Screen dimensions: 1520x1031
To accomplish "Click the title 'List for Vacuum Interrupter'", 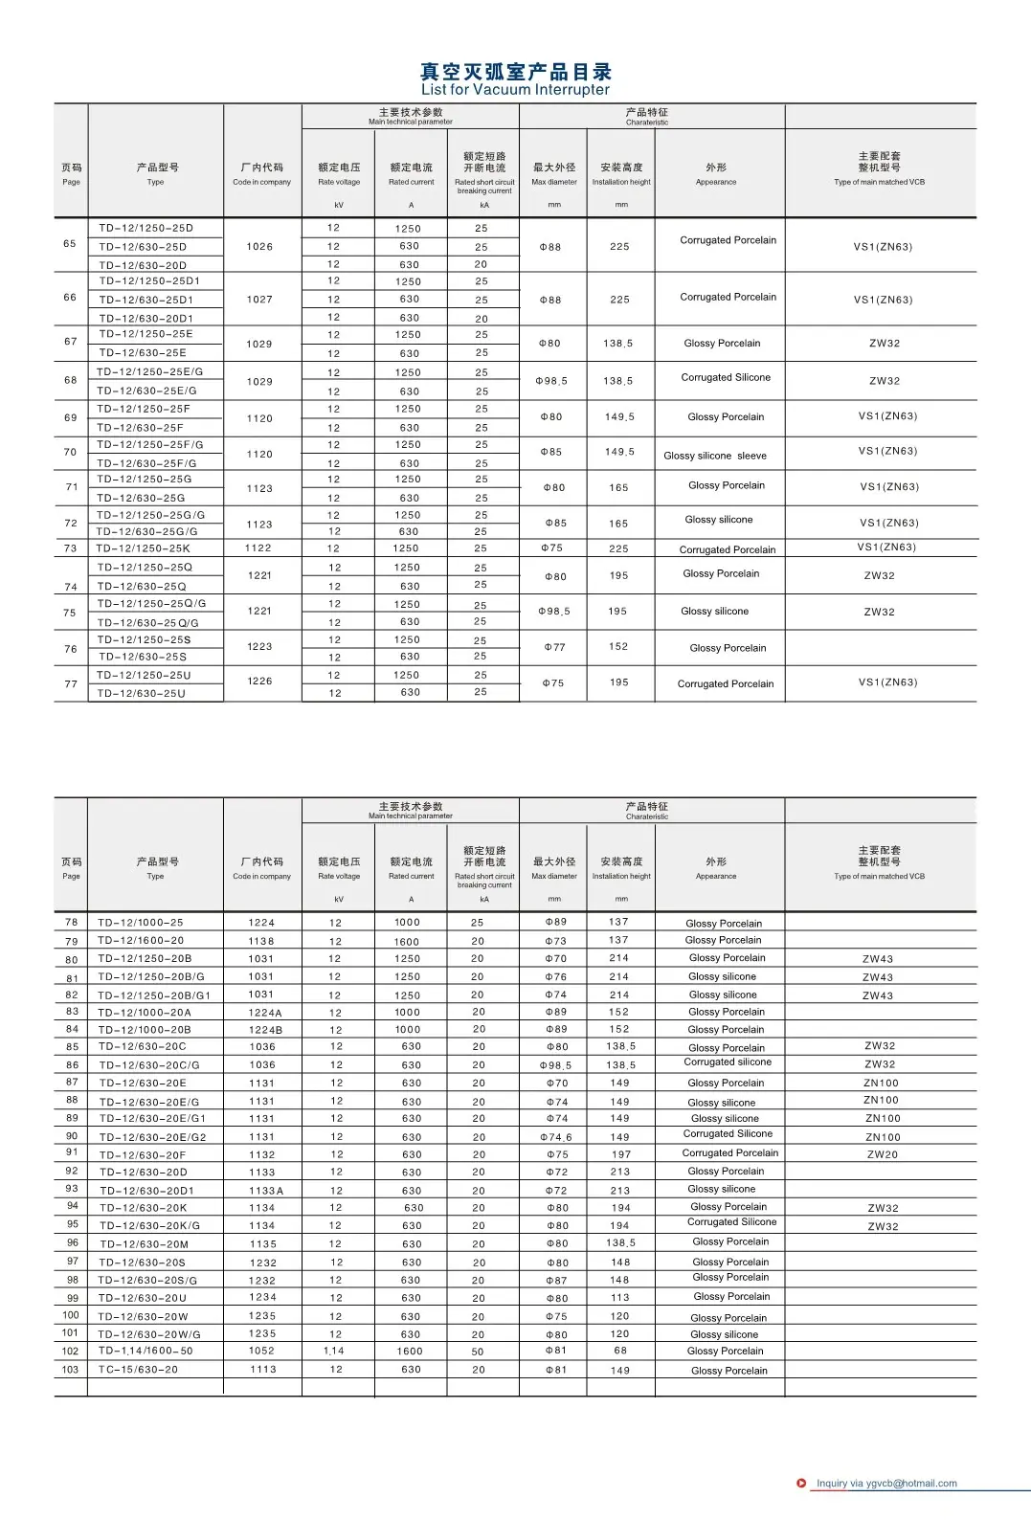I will point(515,90).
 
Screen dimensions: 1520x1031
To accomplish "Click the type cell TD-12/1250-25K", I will point(143,548).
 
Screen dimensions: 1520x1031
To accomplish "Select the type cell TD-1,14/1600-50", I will point(145,1351).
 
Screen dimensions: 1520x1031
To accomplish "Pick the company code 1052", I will point(261,1351).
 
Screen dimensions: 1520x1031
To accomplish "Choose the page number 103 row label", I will point(71,1369).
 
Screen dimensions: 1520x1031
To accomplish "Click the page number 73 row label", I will point(70,548).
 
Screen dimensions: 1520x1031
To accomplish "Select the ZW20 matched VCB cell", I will point(882,1154).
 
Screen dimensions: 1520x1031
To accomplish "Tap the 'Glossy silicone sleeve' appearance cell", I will point(714,456).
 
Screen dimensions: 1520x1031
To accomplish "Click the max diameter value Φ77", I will point(554,648).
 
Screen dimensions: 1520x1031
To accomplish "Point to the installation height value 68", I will point(620,1351).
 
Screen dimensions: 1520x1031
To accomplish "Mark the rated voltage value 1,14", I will point(334,1352).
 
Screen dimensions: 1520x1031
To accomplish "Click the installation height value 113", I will point(620,1298).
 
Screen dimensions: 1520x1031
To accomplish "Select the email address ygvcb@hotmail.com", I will point(911,1484).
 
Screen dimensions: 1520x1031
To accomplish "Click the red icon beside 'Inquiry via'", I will point(801,1484).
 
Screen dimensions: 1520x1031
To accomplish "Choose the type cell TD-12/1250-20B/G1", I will point(154,995).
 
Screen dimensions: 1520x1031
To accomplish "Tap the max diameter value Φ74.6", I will point(556,1137).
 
